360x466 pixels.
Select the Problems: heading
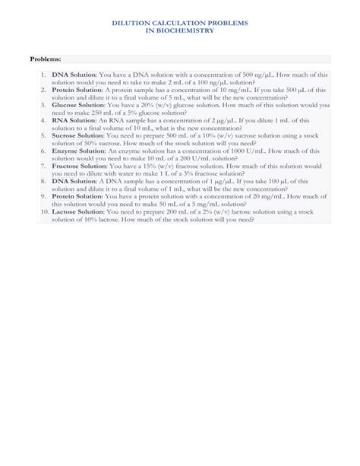pyautogui.click(x=45, y=59)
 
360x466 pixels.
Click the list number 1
pyautogui.click(x=43, y=74)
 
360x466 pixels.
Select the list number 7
pyautogui.click(x=43, y=166)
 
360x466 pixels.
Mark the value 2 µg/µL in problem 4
pyautogui.click(x=219, y=120)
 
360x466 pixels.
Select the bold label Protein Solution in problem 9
pyautogui.click(x=78, y=196)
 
